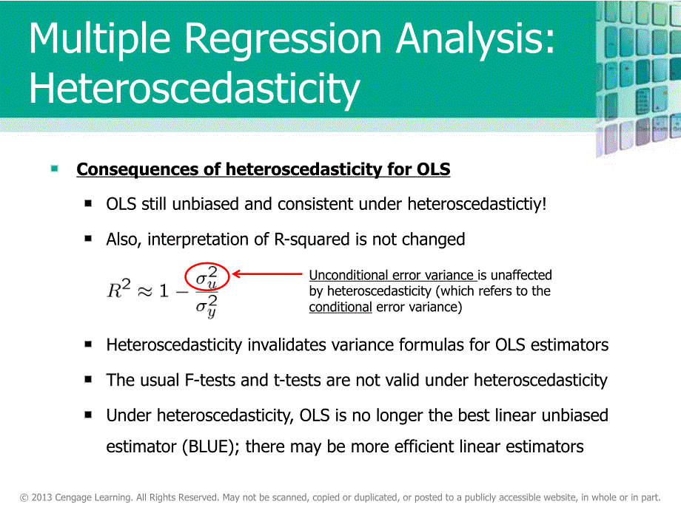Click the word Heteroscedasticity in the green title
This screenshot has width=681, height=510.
[x=195, y=88]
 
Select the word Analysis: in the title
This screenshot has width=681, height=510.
[x=475, y=40]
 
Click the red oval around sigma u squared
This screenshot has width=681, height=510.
[x=207, y=276]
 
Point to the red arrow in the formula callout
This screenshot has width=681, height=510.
[x=267, y=273]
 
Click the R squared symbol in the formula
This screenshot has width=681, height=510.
[x=118, y=289]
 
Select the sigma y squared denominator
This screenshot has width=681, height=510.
[x=207, y=306]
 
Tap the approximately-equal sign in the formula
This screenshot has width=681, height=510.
[x=144, y=291]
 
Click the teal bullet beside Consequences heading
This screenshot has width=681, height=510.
[x=54, y=169]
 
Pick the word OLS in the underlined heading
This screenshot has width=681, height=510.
[x=433, y=169]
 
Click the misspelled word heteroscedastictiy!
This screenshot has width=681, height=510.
[x=477, y=204]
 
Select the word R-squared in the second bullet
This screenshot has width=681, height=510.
[x=312, y=239]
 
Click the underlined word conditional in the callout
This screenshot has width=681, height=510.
[x=340, y=307]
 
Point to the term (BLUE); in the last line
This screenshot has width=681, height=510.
[x=211, y=446]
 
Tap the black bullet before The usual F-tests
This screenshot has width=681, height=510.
[x=88, y=379]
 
